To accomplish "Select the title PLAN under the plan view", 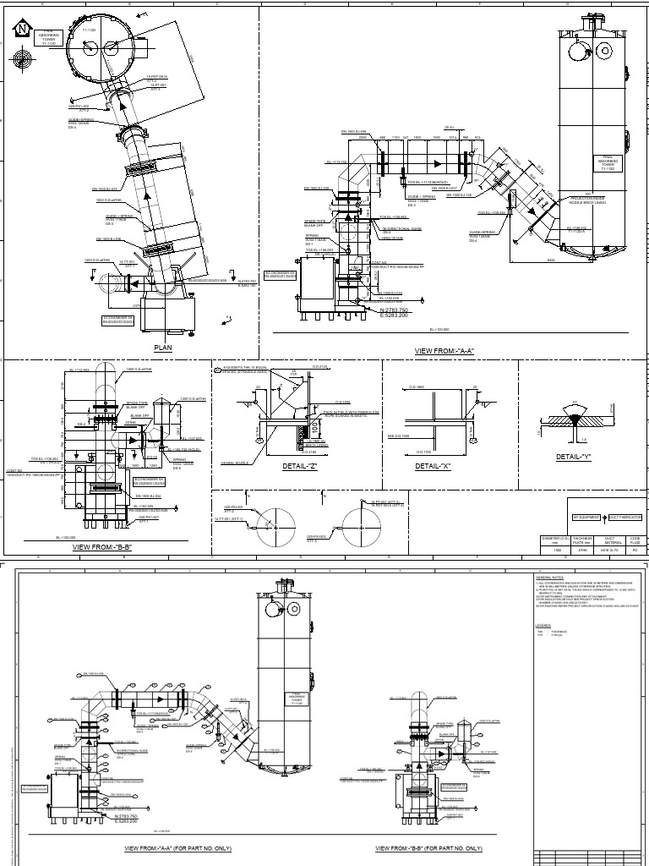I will (162, 348).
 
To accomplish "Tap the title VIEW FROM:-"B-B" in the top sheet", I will (101, 547).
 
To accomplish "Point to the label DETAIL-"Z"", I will (302, 465).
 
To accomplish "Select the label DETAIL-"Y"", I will (575, 458).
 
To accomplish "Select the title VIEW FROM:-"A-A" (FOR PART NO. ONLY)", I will (177, 848).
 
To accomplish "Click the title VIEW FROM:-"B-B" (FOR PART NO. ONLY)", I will (428, 848).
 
